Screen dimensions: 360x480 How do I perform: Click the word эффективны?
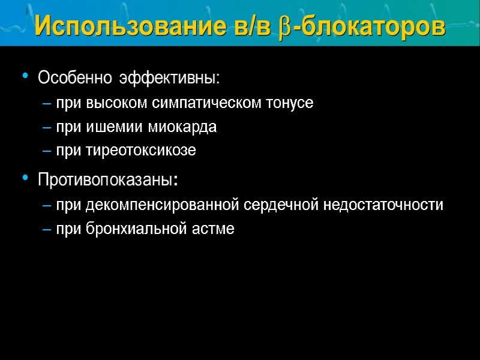[169, 79]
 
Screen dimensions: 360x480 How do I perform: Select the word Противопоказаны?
[107, 180]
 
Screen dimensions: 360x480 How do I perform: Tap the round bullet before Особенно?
[25, 77]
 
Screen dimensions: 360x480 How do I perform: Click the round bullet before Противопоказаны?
[25, 178]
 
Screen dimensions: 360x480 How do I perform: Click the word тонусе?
[291, 103]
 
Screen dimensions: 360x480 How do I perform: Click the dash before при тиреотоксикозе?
[47, 151]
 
